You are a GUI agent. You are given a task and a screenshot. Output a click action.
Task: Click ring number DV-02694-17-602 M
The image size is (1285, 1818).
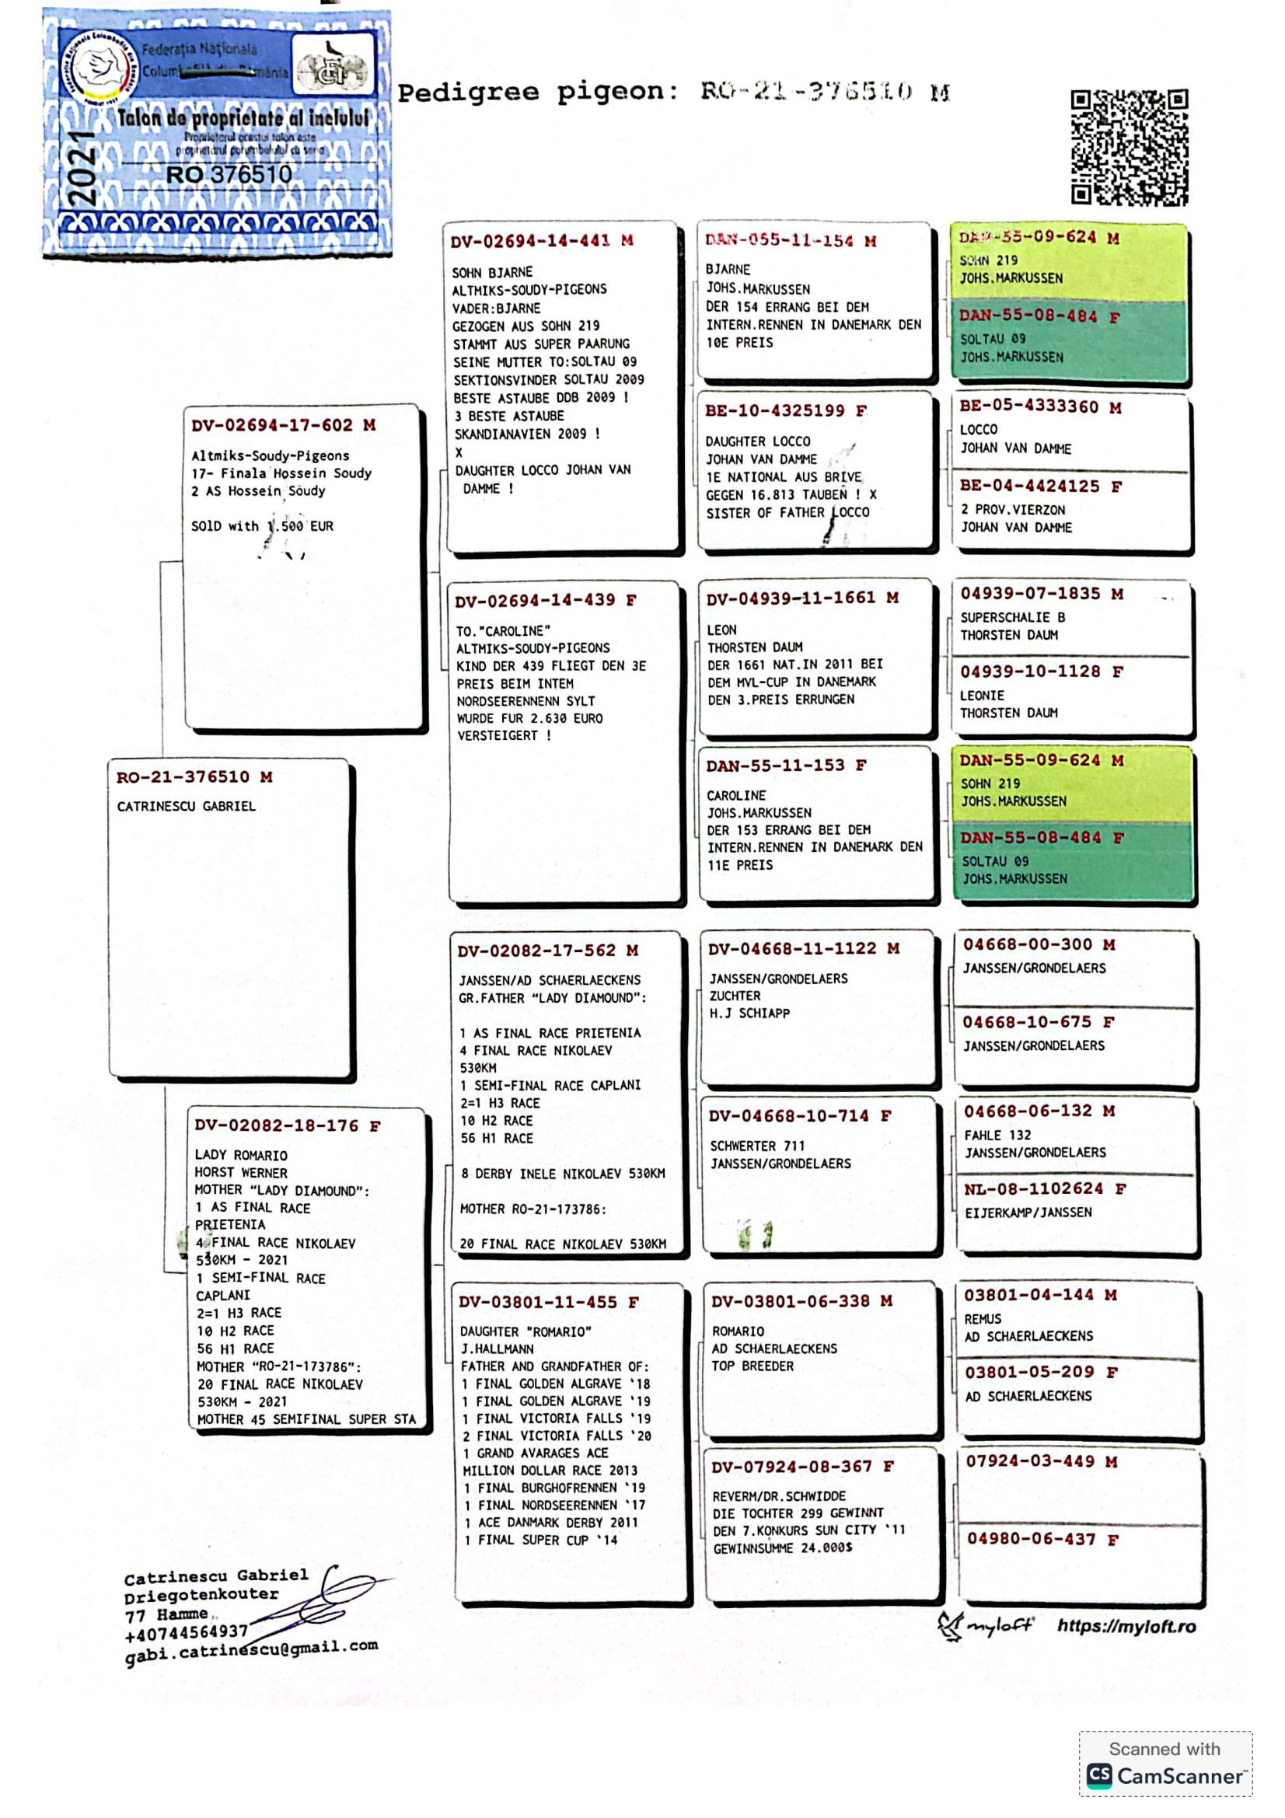coord(284,425)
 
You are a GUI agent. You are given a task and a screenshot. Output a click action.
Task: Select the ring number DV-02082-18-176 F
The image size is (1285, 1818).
coord(288,1125)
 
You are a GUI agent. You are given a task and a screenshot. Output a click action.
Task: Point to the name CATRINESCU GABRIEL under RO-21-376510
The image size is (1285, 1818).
coord(186,806)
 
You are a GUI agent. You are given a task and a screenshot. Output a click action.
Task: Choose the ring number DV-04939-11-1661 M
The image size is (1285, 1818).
coord(802,598)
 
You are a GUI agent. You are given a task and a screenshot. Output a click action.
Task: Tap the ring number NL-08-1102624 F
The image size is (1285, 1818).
coord(1044,1188)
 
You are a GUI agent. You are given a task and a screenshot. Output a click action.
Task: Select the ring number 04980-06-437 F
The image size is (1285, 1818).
coord(1042,1538)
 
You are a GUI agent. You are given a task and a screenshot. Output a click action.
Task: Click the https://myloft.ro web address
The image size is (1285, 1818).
coord(1126,1625)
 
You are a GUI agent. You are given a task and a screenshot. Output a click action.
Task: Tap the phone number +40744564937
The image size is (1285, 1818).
coord(187,1633)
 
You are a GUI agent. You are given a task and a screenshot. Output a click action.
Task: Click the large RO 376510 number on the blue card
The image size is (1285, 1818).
coord(229,173)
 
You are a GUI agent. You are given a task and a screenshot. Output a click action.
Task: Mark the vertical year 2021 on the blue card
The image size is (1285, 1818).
coord(82,169)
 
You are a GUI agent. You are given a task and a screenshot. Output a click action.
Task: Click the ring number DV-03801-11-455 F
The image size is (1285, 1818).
coord(549,1302)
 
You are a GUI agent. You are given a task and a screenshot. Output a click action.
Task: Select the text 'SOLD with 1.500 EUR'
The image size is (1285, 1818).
coord(262,525)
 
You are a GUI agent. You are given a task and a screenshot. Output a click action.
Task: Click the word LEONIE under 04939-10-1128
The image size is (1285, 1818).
coord(982,695)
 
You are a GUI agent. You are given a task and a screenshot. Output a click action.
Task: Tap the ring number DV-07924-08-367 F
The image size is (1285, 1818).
coord(802,1467)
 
